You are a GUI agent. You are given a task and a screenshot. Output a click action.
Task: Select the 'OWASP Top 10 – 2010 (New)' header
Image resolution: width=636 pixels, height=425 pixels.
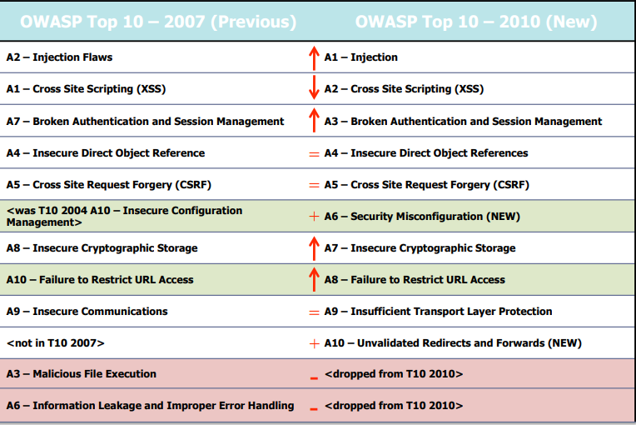point(475,21)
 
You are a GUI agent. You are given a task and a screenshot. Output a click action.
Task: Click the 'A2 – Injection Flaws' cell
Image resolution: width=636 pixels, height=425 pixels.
point(59,57)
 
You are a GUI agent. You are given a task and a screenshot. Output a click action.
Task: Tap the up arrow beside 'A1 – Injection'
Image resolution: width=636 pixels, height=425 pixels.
point(314,57)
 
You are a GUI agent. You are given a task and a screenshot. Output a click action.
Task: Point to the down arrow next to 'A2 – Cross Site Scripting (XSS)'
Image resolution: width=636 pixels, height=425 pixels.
point(314,88)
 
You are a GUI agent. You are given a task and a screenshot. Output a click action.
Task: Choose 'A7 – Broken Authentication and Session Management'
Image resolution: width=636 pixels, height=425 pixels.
point(145,121)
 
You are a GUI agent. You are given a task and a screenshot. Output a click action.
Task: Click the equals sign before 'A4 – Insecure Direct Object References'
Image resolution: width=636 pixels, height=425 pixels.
point(314,153)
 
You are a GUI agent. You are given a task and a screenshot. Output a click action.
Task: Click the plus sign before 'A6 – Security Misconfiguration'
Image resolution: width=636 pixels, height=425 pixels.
point(314,217)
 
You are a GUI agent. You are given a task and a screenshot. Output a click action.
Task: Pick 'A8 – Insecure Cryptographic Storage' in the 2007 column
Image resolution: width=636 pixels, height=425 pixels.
point(102,248)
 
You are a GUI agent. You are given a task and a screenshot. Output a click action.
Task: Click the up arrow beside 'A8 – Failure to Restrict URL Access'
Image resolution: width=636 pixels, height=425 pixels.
point(314,279)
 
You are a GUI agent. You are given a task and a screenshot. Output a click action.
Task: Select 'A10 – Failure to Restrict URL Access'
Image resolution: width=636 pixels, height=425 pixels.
point(100,280)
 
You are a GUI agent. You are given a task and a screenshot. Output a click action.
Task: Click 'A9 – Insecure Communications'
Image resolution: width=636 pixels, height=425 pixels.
point(87,312)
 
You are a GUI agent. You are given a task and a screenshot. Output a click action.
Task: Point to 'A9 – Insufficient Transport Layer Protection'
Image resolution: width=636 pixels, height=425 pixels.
point(438,312)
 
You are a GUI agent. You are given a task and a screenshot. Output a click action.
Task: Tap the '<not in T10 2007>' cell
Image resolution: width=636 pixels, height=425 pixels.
point(55,343)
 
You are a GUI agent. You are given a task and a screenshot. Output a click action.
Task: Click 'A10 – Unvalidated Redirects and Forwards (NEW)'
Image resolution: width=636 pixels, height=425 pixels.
point(453,343)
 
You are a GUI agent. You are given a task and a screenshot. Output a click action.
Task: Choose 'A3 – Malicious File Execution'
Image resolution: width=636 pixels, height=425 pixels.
point(81,374)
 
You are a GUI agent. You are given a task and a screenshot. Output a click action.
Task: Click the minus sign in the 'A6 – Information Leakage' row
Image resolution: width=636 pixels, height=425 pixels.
point(314,409)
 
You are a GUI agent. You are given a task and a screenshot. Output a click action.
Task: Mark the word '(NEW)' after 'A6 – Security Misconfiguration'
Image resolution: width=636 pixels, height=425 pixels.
point(503,217)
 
